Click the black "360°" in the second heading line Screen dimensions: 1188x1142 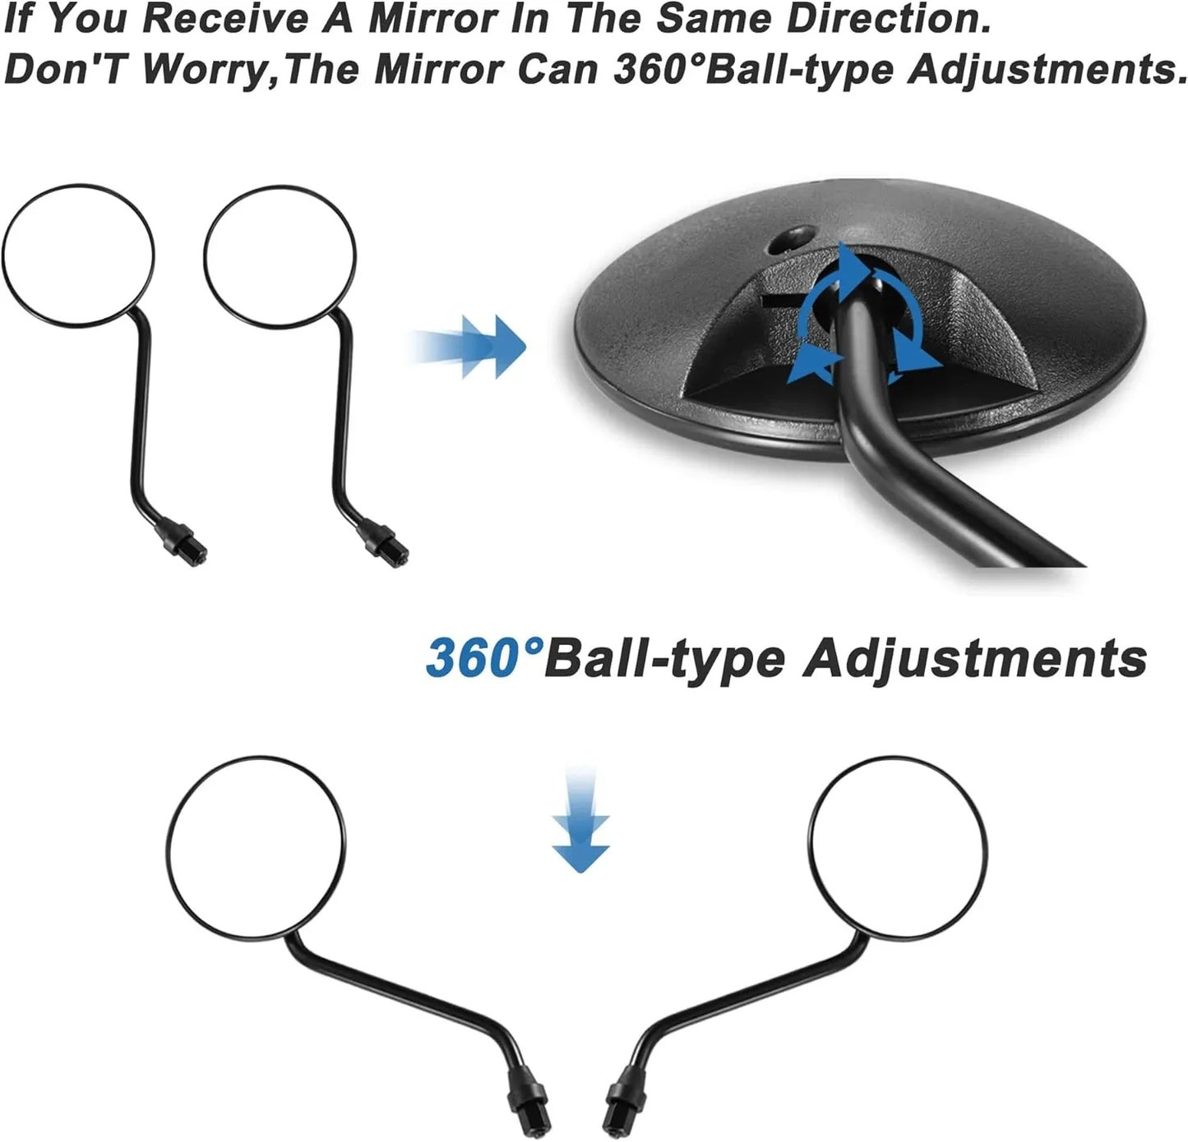[659, 69]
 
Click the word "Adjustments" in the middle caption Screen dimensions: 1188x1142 [974, 660]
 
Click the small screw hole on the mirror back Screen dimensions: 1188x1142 [792, 240]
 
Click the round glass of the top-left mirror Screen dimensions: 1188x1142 [78, 255]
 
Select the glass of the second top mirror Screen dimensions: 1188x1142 [280, 256]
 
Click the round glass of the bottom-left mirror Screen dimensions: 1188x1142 [256, 847]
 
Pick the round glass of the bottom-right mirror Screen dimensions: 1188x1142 [898, 847]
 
